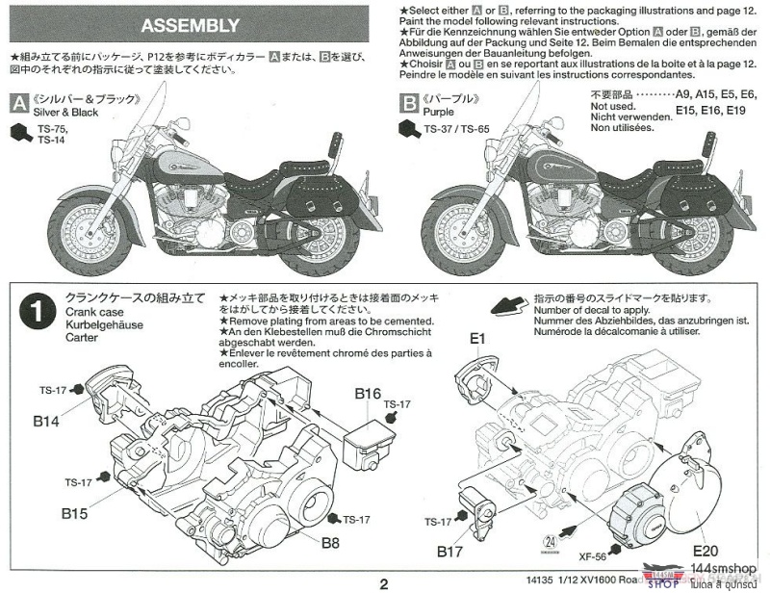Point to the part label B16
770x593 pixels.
point(368,393)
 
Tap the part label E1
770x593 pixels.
point(478,338)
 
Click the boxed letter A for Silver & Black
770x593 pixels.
point(17,101)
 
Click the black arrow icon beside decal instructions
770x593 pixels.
point(508,307)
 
